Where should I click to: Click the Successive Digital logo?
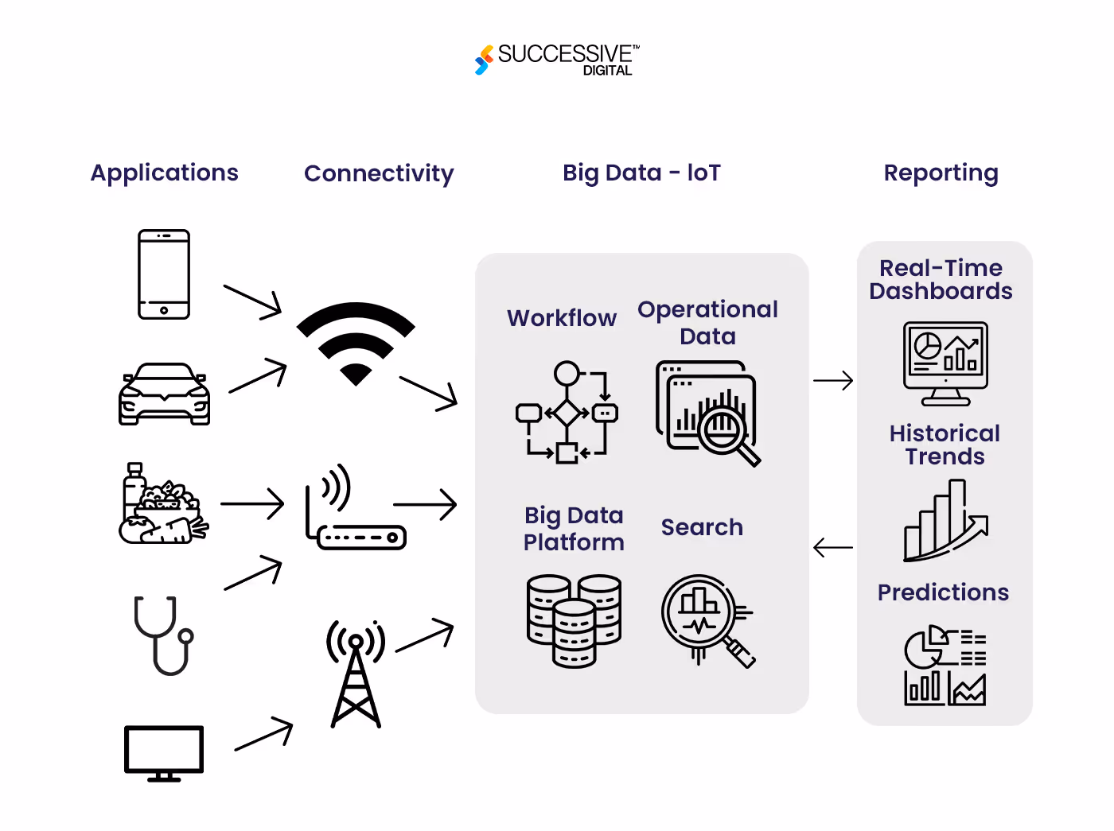click(557, 60)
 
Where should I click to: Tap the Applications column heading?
click(165, 173)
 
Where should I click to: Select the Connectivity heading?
click(379, 173)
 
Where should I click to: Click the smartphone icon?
click(164, 274)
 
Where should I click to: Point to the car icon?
click(165, 394)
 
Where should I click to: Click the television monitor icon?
click(164, 752)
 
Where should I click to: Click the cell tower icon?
click(356, 674)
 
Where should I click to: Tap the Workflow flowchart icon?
click(567, 412)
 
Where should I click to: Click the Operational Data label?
click(707, 322)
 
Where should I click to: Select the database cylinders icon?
click(574, 620)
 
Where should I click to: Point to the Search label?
click(702, 527)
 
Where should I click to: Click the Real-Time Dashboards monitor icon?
click(945, 363)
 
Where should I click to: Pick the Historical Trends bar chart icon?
click(945, 521)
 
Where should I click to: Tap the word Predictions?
click(943, 592)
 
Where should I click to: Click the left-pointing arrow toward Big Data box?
click(833, 548)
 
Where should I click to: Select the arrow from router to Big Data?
click(425, 504)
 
